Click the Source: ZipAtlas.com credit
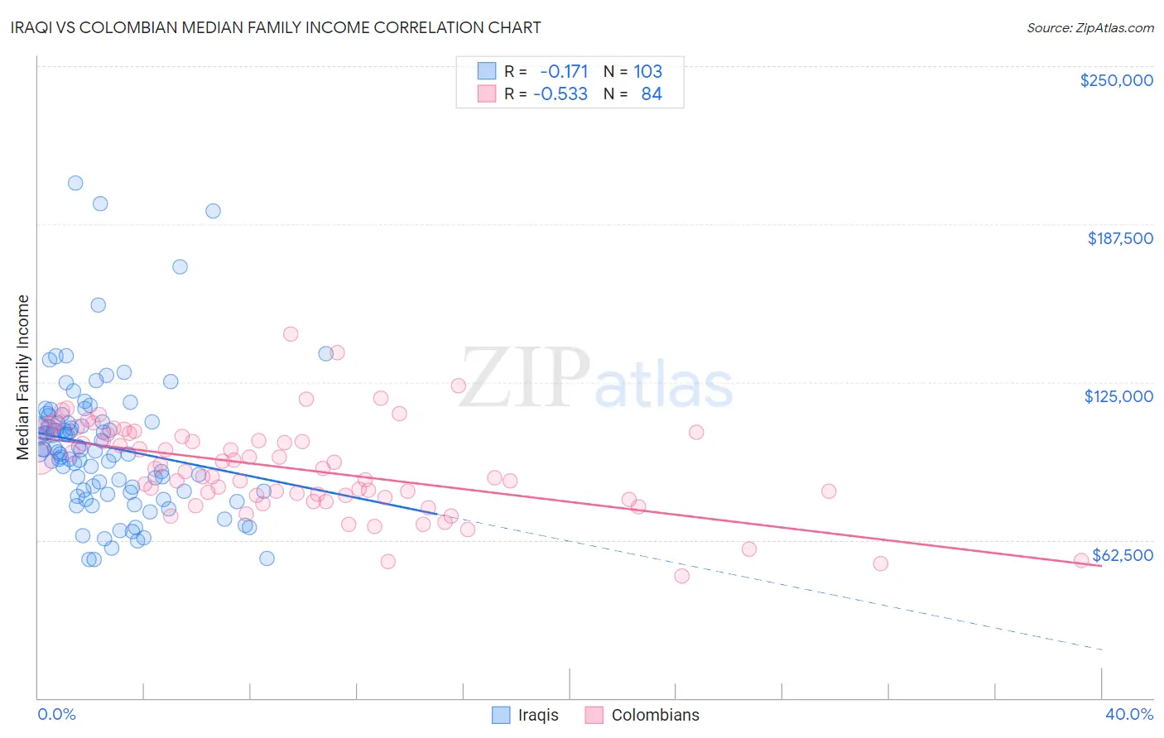coord(1089,28)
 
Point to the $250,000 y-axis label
coord(1116,80)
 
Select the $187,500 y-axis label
coord(1119,238)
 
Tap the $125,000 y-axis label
coord(1118,396)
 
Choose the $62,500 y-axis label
coord(1122,555)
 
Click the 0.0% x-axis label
coord(56,714)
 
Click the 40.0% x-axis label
coord(1128,714)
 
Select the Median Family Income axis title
coord(23,376)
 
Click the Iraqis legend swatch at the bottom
coord(501,715)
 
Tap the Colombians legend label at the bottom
coord(655,715)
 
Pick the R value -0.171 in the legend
coord(563,72)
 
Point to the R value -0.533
coord(560,94)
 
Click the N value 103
coord(647,72)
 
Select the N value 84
coord(652,94)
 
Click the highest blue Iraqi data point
coord(75,183)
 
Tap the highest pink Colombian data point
coord(291,334)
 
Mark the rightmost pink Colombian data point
coord(1080,560)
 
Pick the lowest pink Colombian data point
coord(682,576)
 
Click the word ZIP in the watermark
coord(524,378)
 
